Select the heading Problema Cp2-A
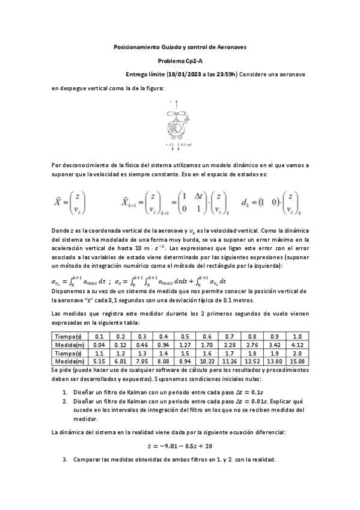[x=180, y=61]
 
